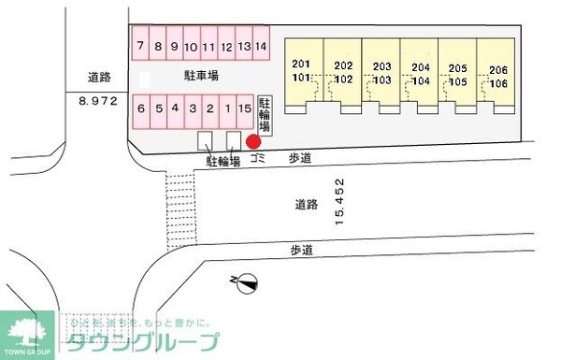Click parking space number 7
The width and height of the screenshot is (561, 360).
pos(140,45)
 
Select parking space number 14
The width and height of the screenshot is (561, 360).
pos(261,45)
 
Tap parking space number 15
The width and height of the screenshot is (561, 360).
pos(244,108)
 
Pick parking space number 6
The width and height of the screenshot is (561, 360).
pos(141,108)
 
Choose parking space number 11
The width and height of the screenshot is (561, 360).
pos(209,45)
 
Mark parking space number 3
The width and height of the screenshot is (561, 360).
pos(193,108)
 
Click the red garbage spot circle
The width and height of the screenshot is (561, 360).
pos(252,142)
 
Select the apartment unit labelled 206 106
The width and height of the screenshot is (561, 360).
pos(496,72)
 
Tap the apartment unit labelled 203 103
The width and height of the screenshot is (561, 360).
pos(381,72)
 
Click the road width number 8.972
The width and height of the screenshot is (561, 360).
pos(96,100)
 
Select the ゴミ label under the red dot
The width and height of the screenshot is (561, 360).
pos(258,159)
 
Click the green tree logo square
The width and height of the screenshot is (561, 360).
pos(28,333)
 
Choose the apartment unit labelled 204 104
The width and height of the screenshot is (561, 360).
pos(420,72)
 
